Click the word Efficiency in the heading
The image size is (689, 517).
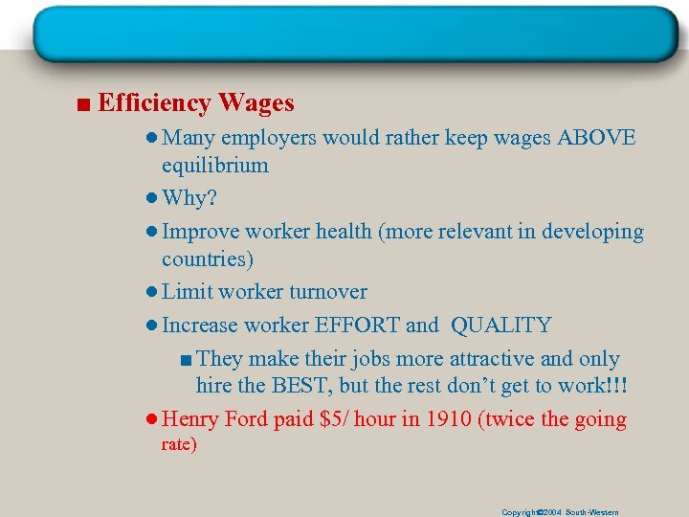pos(154,102)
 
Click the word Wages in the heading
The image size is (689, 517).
pos(256,102)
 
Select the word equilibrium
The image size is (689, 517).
pos(215,166)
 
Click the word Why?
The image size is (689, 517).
pos(189,198)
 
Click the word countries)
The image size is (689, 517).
pos(207,259)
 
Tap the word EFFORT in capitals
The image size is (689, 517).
pos(358,326)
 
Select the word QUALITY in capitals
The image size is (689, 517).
pos(500,326)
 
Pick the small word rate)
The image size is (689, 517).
pos(180,445)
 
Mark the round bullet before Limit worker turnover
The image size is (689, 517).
pos(153,293)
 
